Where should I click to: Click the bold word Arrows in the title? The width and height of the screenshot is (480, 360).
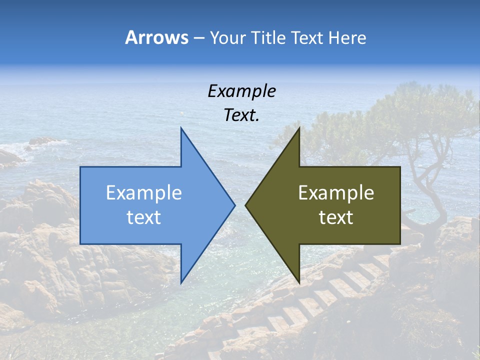tap(156, 37)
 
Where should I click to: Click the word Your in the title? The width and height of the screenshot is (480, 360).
tap(228, 38)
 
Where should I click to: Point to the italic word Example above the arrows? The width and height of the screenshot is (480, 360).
tap(241, 91)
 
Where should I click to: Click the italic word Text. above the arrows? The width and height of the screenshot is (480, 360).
tap(241, 115)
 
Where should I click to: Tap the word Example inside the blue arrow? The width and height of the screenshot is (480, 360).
tap(144, 193)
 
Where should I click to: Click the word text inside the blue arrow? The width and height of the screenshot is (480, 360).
tap(144, 217)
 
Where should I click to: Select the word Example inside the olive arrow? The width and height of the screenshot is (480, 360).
tap(336, 193)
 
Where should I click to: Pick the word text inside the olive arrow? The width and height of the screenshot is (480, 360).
tap(336, 217)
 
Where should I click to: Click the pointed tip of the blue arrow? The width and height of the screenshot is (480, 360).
tap(234, 205)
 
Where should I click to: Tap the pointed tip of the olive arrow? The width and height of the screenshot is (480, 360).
tap(245, 205)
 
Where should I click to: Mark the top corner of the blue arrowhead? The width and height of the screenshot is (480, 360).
tap(181, 128)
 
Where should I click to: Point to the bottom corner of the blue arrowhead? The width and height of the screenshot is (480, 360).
tap(181, 282)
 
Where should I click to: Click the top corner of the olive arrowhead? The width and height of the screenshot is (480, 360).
tap(299, 128)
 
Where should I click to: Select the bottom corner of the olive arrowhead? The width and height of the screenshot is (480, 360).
tap(299, 282)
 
